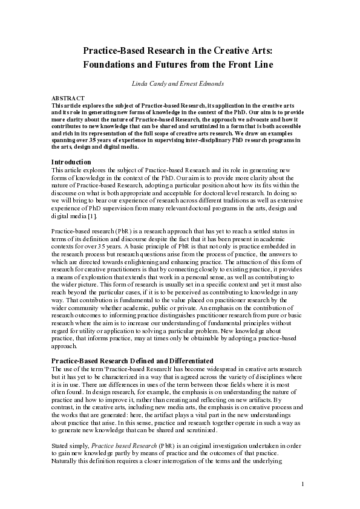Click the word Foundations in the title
[111, 65]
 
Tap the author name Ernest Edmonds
[205, 82]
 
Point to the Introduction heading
[71, 162]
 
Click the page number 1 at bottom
[303, 501]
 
